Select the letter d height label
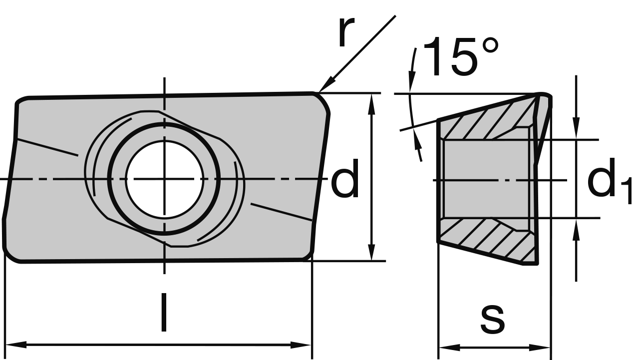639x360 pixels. [x=345, y=179]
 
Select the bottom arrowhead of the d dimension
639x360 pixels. [x=371, y=252]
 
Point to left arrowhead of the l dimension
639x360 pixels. [x=15, y=345]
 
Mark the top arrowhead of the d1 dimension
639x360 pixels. [x=576, y=130]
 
